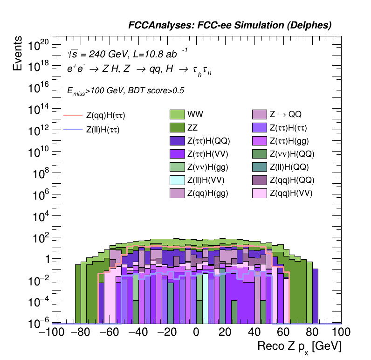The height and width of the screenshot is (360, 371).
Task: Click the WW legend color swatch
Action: point(177,114)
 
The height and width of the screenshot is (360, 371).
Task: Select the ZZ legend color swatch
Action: point(177,127)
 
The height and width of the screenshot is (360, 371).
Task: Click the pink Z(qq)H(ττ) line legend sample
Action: point(72,115)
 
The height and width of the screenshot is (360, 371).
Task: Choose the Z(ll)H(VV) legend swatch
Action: point(177,180)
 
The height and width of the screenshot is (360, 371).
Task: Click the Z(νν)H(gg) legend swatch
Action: point(177,167)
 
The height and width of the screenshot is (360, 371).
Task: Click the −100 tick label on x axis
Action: point(49,332)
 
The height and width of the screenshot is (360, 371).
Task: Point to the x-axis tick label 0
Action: point(196,332)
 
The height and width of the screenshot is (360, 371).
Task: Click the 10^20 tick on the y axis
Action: point(39,45)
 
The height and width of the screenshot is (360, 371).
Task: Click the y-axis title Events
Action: point(18,53)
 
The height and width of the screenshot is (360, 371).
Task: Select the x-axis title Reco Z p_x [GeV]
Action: point(299,347)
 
